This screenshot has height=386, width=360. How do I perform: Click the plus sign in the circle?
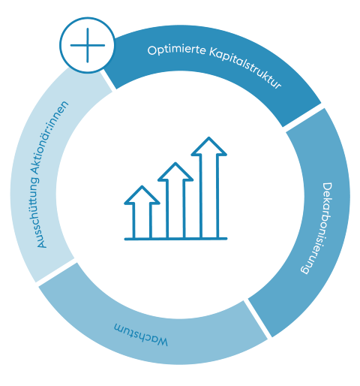88,45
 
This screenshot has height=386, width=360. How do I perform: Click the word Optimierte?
177,50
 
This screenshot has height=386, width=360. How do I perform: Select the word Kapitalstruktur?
246,66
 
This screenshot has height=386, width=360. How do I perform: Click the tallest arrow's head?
209,146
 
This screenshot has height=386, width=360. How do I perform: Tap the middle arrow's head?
175,172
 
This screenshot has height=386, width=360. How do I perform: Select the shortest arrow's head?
142,195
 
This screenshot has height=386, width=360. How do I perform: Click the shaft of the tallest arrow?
209,197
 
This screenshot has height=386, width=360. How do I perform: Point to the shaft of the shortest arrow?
142,221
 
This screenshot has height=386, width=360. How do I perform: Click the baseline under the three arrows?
175,239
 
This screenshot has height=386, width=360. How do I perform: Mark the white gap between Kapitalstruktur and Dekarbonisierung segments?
304,117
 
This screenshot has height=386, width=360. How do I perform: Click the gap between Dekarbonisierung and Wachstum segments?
258,318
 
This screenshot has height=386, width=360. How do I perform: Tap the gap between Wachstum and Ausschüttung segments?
56,273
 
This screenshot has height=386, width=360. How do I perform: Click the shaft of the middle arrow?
175,209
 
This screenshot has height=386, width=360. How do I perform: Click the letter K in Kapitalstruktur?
212,52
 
